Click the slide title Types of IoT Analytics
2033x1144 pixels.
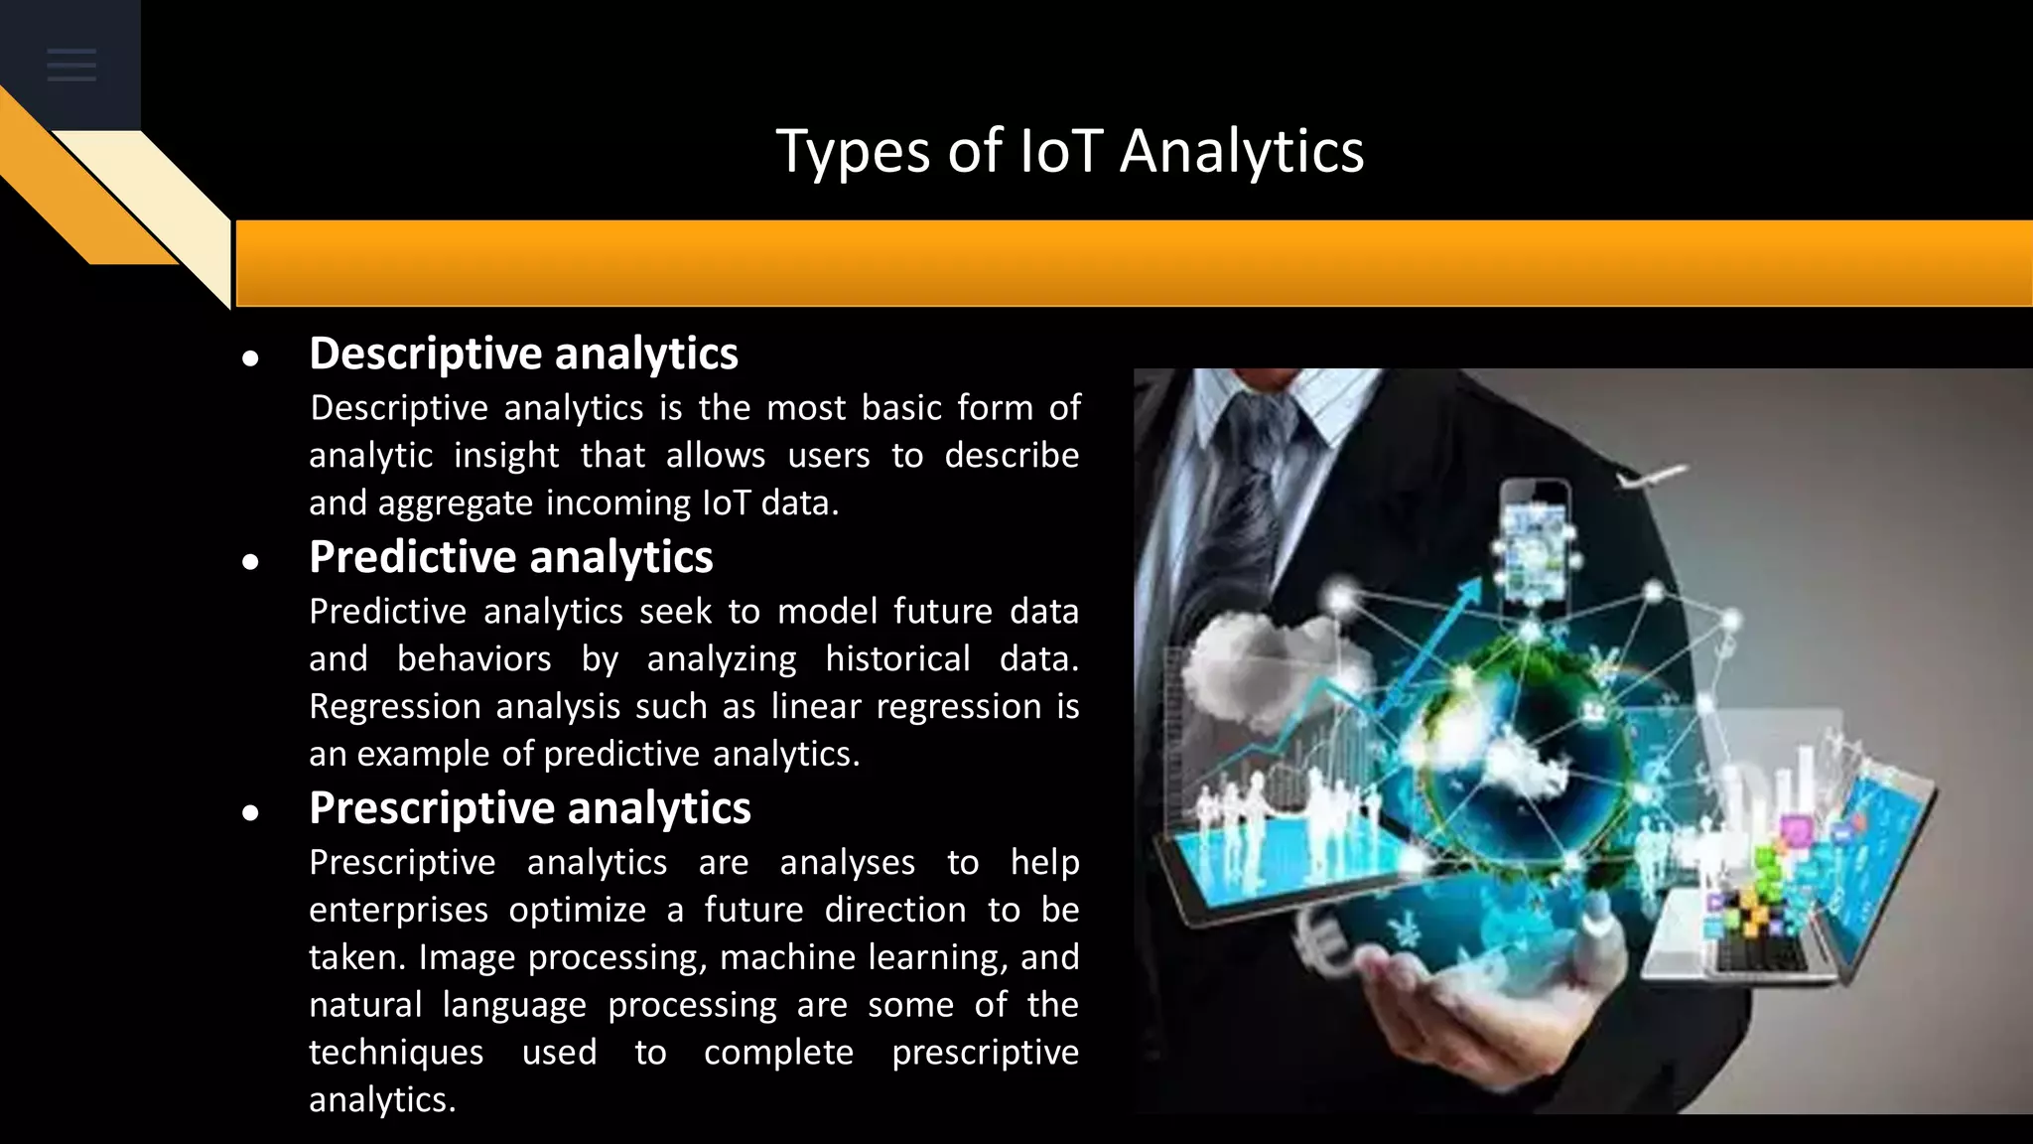(x=1069, y=151)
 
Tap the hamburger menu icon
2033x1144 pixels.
(x=71, y=66)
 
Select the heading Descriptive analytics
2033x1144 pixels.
(x=523, y=354)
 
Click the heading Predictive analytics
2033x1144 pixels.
(x=510, y=557)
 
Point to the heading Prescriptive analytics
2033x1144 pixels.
(x=529, y=808)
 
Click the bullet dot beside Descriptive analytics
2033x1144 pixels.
(x=250, y=358)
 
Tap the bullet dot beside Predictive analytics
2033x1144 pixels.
(x=250, y=562)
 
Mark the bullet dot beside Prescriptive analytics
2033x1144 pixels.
(x=250, y=813)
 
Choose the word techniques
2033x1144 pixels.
(x=395, y=1053)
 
